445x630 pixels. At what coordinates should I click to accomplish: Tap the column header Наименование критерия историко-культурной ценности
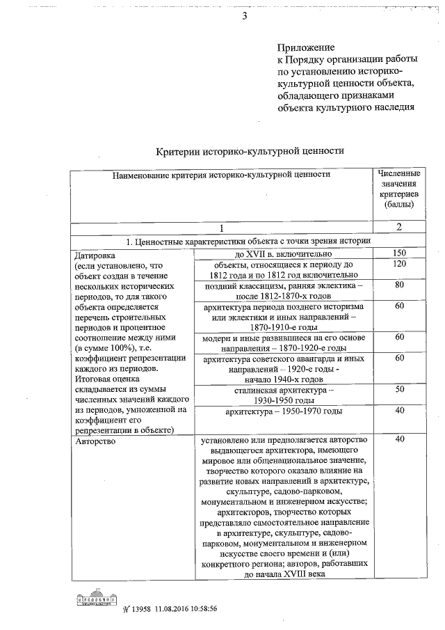(221, 175)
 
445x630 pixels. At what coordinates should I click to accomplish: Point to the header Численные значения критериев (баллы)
(399, 188)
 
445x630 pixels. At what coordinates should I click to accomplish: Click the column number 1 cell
(221, 227)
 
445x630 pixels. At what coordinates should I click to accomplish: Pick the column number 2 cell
(399, 227)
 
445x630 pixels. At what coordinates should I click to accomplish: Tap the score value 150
(399, 253)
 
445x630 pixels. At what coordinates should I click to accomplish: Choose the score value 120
(399, 265)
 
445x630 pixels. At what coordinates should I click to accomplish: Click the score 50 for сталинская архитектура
(399, 390)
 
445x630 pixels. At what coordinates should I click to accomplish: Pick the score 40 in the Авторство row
(399, 440)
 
